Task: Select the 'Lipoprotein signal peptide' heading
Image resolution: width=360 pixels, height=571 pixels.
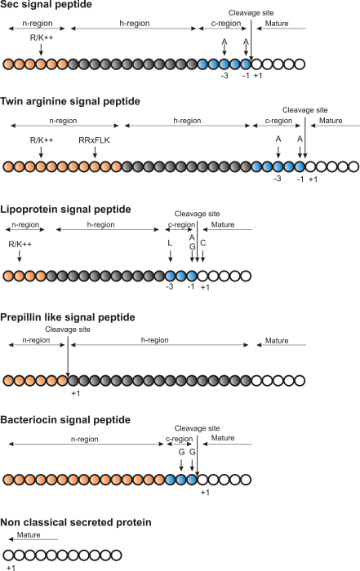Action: coord(66,209)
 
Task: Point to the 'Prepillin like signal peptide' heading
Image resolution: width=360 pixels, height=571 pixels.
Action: coord(70,316)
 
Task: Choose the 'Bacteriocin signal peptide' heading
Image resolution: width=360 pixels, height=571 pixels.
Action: coord(66,419)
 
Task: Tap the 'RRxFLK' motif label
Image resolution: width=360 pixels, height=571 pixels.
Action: coord(95,140)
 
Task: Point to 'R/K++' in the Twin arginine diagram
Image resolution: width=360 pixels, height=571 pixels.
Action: coord(41,140)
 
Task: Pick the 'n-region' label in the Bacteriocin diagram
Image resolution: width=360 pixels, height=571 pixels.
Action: coord(86,439)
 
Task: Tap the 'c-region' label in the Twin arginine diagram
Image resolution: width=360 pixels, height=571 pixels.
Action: coord(279,121)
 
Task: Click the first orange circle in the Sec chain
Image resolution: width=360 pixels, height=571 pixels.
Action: coord(9,64)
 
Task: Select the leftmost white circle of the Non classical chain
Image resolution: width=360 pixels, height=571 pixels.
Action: coord(9,555)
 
